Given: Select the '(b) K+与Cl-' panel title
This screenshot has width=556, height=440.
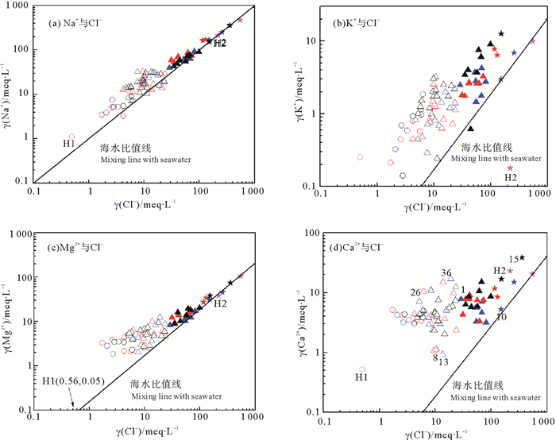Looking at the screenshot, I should tap(350, 21).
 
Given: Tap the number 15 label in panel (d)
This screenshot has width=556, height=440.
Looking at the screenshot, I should tap(514, 260).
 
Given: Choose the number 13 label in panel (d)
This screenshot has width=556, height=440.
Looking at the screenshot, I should tap(443, 362).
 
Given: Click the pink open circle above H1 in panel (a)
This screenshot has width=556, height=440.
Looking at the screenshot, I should tap(72, 137).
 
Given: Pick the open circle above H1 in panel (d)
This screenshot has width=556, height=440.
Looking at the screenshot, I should tap(362, 369).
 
